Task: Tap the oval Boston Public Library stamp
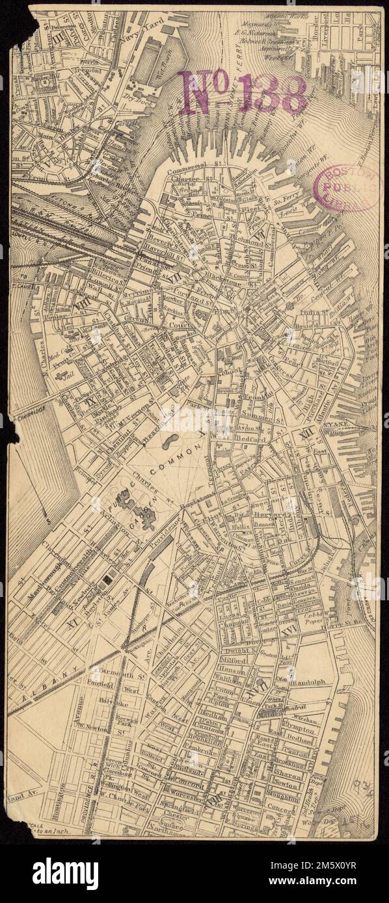tap(345, 188)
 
